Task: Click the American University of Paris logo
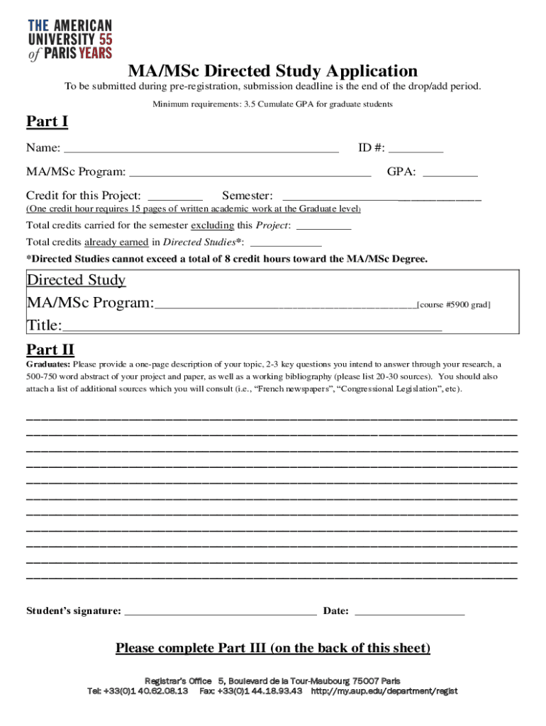click(69, 40)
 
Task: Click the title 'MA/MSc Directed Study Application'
click(272, 71)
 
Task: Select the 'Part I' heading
click(47, 122)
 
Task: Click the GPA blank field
click(450, 172)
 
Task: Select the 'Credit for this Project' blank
click(175, 196)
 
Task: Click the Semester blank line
click(381, 196)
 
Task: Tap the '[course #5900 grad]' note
click(453, 304)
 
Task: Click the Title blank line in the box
click(252, 327)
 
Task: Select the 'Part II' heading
click(50, 349)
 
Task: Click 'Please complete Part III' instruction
click(272, 648)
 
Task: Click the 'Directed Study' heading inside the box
click(76, 280)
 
